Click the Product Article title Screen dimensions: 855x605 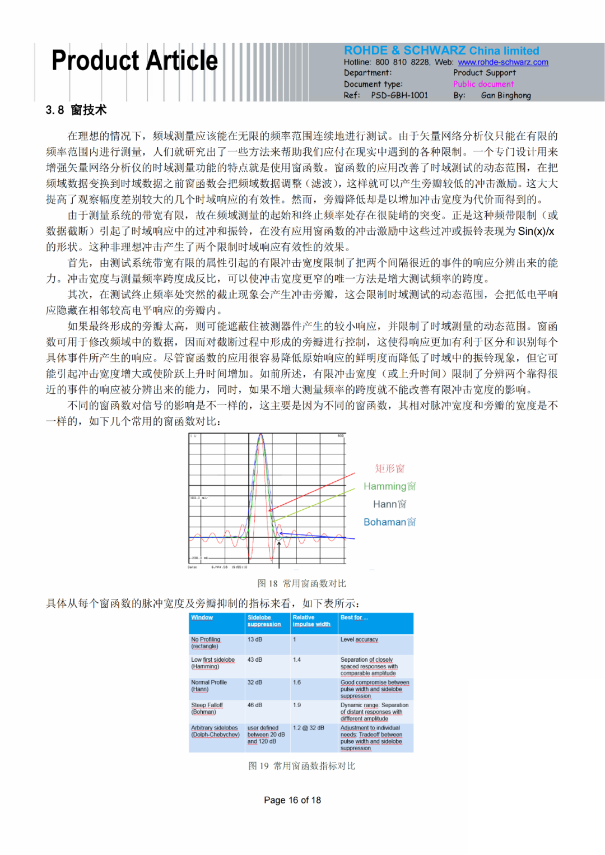point(134,61)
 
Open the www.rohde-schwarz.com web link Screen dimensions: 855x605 point(502,62)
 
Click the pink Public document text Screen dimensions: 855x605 point(483,84)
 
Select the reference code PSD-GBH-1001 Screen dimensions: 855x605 point(399,95)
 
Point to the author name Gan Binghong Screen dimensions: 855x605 point(505,95)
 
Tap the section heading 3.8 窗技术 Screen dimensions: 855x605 point(76,110)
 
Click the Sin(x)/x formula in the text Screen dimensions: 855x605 point(536,231)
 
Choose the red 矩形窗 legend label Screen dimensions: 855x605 point(390,468)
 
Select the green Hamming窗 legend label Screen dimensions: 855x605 point(389,486)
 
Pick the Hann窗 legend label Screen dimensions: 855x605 point(390,504)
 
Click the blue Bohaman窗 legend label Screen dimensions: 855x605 point(389,522)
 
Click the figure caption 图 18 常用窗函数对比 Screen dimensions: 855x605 point(301,583)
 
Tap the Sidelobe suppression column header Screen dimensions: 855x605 point(264,621)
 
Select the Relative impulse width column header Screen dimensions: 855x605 point(311,621)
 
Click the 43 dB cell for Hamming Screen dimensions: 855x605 point(255,659)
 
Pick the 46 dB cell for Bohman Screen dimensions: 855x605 point(255,705)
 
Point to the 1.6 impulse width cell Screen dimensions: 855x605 point(297,682)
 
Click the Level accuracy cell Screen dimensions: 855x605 point(359,639)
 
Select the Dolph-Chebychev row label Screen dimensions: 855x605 point(215,731)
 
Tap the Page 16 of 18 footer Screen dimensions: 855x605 point(292,800)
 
